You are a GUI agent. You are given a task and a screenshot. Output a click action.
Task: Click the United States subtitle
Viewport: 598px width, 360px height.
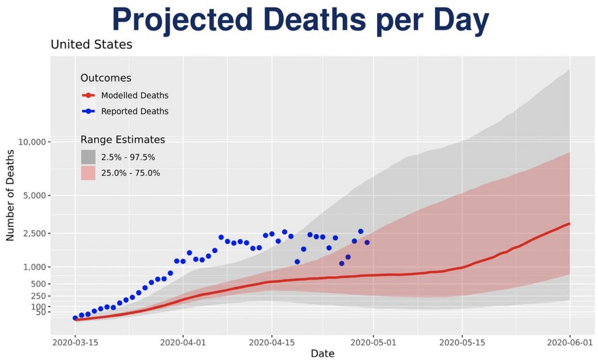click(91, 45)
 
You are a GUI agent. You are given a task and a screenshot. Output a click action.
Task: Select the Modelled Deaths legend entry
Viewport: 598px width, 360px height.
click(134, 95)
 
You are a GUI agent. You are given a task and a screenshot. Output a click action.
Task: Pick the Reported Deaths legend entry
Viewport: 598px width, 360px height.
click(134, 111)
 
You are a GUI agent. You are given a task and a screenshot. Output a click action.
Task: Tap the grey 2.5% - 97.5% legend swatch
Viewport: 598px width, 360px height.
click(88, 157)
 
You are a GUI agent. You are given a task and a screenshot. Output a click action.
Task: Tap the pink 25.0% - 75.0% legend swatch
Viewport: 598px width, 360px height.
click(88, 173)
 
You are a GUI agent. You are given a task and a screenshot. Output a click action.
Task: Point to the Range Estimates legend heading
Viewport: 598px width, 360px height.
click(122, 140)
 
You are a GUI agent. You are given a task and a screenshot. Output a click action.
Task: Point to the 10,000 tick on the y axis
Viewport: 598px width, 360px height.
click(31, 142)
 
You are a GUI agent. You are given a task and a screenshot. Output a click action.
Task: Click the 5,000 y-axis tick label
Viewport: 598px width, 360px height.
click(33, 196)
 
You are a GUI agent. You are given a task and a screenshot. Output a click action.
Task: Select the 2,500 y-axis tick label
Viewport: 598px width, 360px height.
click(33, 234)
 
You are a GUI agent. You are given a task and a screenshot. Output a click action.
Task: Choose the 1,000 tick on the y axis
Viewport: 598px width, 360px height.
click(33, 267)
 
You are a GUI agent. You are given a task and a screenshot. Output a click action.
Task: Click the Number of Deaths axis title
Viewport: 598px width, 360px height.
click(10, 194)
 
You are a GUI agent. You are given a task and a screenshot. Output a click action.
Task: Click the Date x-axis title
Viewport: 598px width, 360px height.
click(322, 353)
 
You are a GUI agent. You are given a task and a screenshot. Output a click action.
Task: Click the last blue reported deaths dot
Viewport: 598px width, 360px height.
click(367, 242)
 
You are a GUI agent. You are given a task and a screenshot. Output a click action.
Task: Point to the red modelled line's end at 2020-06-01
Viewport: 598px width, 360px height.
click(569, 223)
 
